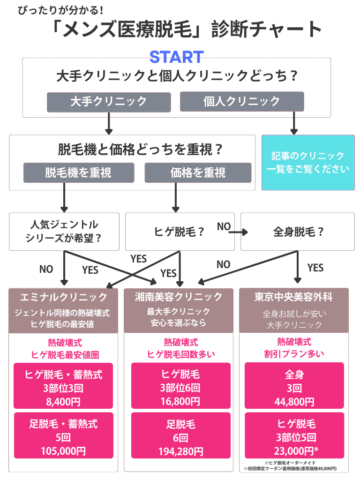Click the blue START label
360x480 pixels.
pyautogui.click(x=176, y=57)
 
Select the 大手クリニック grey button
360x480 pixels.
pyautogui.click(x=108, y=101)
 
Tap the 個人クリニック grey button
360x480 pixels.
pyautogui.click(x=242, y=101)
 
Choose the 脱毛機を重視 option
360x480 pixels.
pyautogui.click(x=78, y=172)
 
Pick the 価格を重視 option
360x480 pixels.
pyautogui.click(x=198, y=172)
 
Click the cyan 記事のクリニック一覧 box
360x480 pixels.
pyautogui.click(x=308, y=163)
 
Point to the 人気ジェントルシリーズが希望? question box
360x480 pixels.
pyautogui.click(x=64, y=231)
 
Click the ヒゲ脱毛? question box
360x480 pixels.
pyautogui.click(x=180, y=232)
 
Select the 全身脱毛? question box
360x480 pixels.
pyautogui.click(x=298, y=232)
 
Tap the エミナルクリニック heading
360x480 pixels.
pyautogui.click(x=64, y=297)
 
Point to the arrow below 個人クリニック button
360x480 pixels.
pyautogui.click(x=294, y=123)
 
